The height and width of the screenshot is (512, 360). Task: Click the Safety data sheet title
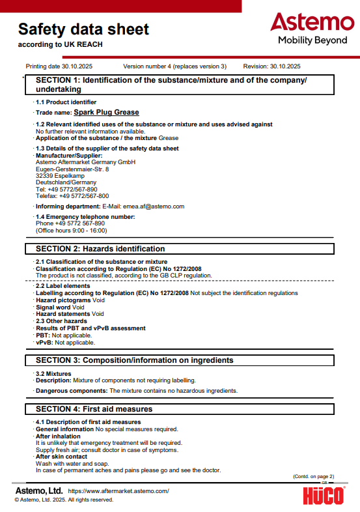click(x=83, y=29)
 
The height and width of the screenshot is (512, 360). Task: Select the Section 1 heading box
click(x=180, y=85)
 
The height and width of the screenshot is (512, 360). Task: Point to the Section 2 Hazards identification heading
click(x=100, y=249)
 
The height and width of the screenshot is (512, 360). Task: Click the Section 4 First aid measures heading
click(x=94, y=409)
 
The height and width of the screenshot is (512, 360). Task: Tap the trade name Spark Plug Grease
click(x=106, y=112)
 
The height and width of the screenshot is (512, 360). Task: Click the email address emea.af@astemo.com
click(x=154, y=206)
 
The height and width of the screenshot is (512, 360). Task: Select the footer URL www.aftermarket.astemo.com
click(x=118, y=491)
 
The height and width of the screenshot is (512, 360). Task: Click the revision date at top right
click(x=271, y=66)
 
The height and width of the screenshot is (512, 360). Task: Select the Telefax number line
click(x=72, y=195)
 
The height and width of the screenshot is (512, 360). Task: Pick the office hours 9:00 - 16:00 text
click(x=72, y=231)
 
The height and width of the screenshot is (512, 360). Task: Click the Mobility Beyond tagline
click(x=312, y=40)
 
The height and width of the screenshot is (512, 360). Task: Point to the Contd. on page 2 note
click(x=314, y=476)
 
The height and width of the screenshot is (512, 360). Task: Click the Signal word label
click(x=53, y=307)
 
